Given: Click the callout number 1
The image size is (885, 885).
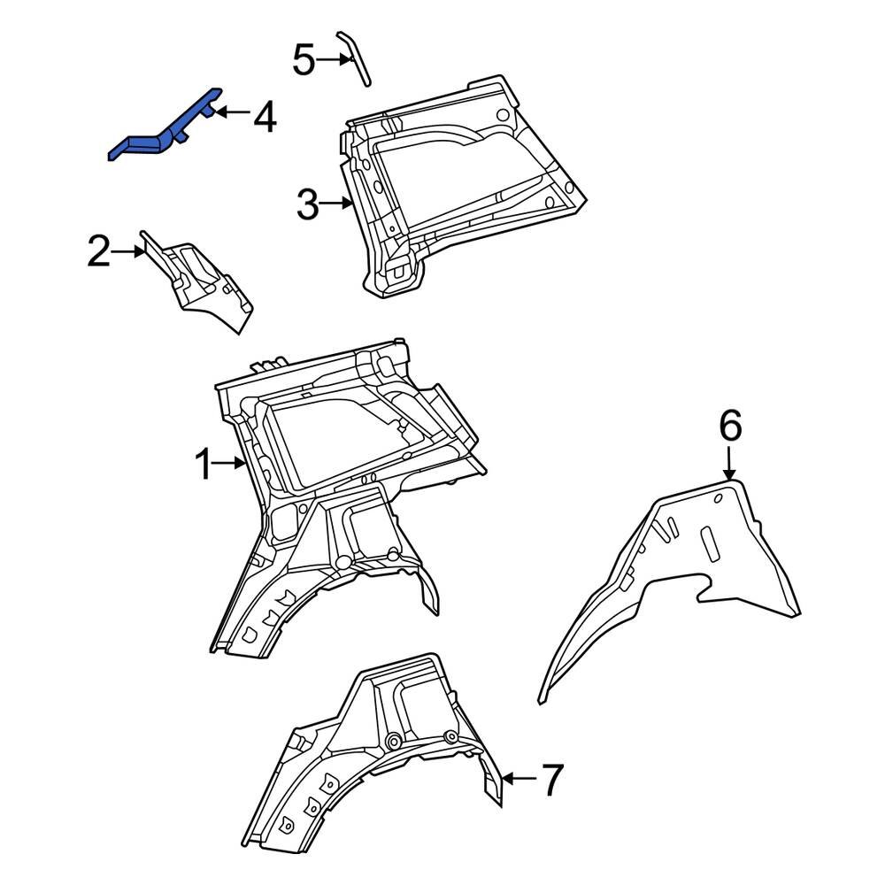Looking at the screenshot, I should [x=203, y=464].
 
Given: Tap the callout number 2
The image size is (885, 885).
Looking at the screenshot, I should [x=98, y=253].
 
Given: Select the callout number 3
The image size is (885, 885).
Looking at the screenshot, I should [x=306, y=205].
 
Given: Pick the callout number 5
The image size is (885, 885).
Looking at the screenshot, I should [x=304, y=61].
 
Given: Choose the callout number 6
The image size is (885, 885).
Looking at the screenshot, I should [x=729, y=426].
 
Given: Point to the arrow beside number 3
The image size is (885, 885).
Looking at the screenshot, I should [x=337, y=204].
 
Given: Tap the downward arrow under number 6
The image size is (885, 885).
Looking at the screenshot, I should [x=729, y=464].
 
